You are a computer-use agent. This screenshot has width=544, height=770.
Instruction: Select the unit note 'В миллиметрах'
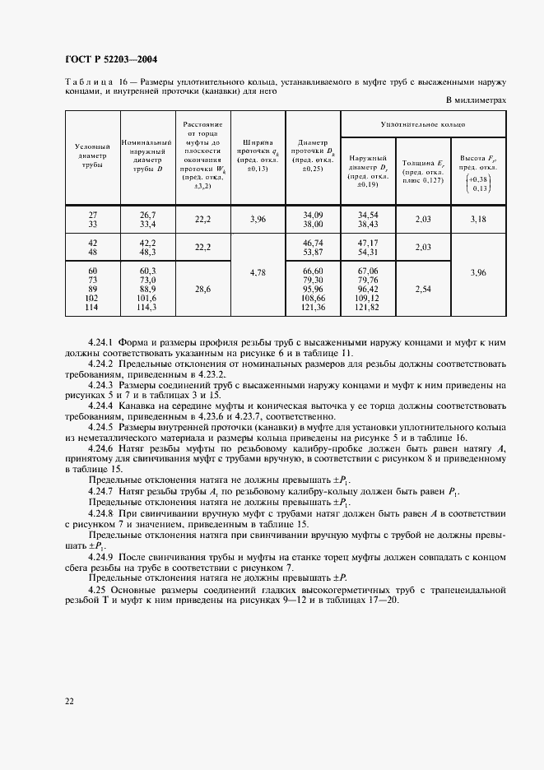pyautogui.click(x=475, y=100)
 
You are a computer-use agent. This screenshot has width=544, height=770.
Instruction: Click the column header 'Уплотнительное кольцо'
pyautogui.click(x=423, y=123)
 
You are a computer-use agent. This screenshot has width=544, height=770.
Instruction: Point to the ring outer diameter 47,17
pyautogui.click(x=368, y=244)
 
